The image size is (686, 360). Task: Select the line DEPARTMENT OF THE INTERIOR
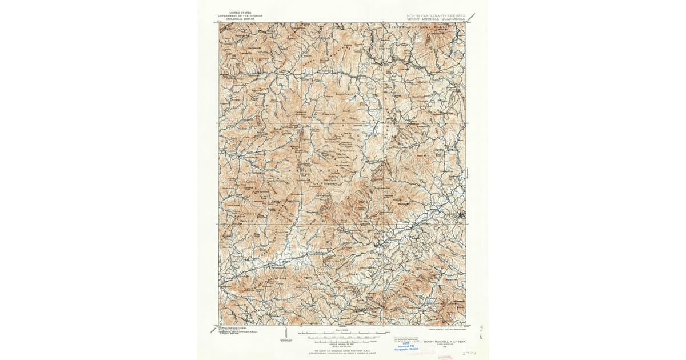[x=240, y=15]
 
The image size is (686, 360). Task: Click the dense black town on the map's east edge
[x=461, y=215]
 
